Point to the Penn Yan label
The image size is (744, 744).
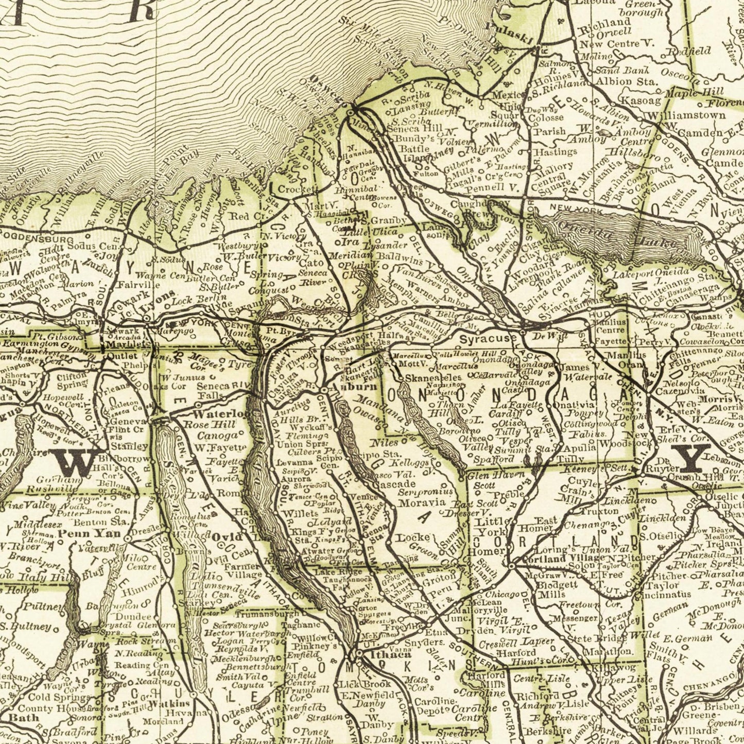[x=89, y=533]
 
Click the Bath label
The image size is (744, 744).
[x=24, y=717]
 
